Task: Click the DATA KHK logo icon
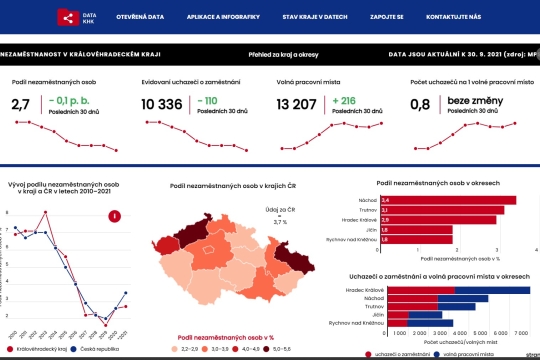pos(67,17)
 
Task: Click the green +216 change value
pos(346,100)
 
